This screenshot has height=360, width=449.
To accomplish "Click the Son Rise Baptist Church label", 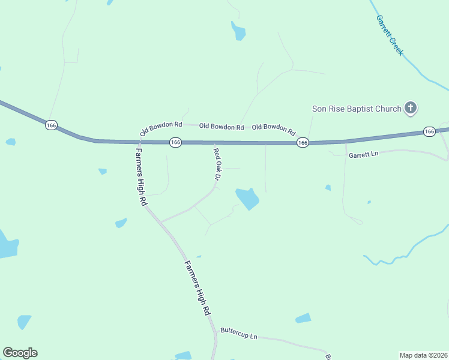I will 356,109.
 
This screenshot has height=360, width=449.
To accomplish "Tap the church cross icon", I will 411,108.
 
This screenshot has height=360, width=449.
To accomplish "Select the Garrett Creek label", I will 389,35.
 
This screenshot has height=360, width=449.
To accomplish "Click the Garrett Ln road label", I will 364,154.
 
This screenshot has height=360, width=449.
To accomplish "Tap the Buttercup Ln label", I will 238,333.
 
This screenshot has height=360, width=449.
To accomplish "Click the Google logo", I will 20,353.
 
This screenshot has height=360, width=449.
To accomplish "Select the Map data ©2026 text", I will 424,355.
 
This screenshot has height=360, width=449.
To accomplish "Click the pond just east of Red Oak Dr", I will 247,198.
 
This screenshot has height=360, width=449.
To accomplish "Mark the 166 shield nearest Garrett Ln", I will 429,131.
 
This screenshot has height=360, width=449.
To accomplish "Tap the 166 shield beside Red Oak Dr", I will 175,142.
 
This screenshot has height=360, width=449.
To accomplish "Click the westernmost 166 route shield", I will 51,125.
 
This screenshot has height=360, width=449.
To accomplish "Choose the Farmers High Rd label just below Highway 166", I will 141,177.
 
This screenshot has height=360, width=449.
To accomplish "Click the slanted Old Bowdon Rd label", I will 160,128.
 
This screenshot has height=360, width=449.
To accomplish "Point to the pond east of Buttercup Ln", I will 303,318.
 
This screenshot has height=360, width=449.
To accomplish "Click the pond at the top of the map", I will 238,31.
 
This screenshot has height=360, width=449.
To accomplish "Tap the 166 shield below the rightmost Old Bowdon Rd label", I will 303,143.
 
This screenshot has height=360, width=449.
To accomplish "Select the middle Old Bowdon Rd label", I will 221,127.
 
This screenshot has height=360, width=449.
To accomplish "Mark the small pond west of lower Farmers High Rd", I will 121,223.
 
